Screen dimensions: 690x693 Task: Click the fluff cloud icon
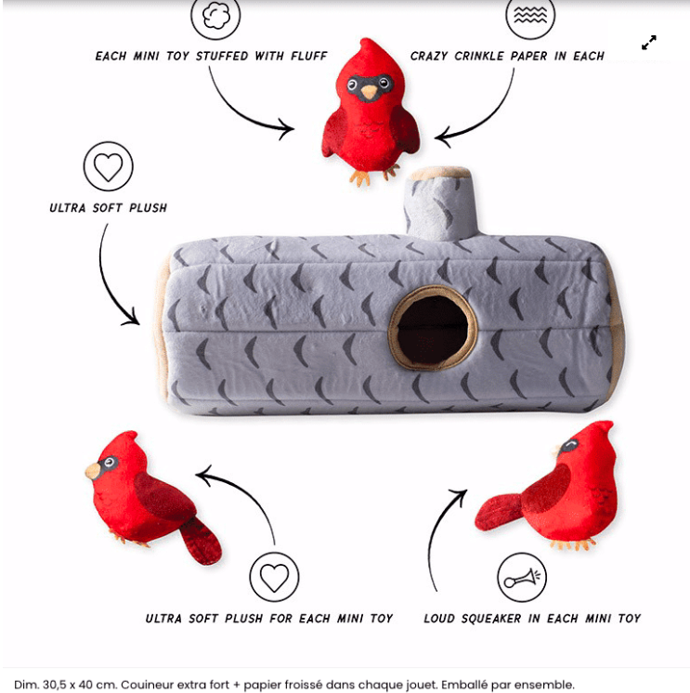pyautogui.click(x=215, y=16)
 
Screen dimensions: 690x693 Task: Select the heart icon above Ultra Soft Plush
pyautogui.click(x=109, y=166)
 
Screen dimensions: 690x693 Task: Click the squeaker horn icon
pyautogui.click(x=522, y=577)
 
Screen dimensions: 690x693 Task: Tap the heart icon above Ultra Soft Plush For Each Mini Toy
pyautogui.click(x=274, y=577)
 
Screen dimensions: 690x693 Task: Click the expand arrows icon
pyautogui.click(x=649, y=43)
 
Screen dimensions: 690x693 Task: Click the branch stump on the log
pyautogui.click(x=440, y=204)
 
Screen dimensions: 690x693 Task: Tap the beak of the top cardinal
pyautogui.click(x=370, y=92)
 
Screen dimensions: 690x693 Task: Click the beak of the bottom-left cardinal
pyautogui.click(x=93, y=471)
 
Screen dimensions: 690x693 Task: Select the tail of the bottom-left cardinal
pyautogui.click(x=201, y=542)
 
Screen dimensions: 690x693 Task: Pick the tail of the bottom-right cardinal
pyautogui.click(x=499, y=513)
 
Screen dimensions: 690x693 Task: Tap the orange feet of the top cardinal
pyautogui.click(x=373, y=175)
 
